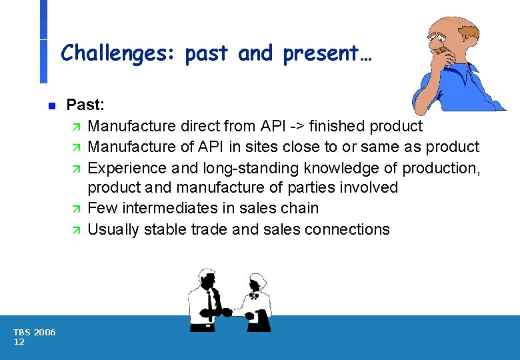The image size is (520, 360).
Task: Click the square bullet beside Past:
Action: (51, 105)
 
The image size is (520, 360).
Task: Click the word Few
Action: (101, 209)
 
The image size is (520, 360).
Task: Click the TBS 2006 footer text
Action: (34, 333)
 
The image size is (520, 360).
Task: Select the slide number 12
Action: (19, 342)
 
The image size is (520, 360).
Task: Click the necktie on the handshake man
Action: (210, 303)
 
